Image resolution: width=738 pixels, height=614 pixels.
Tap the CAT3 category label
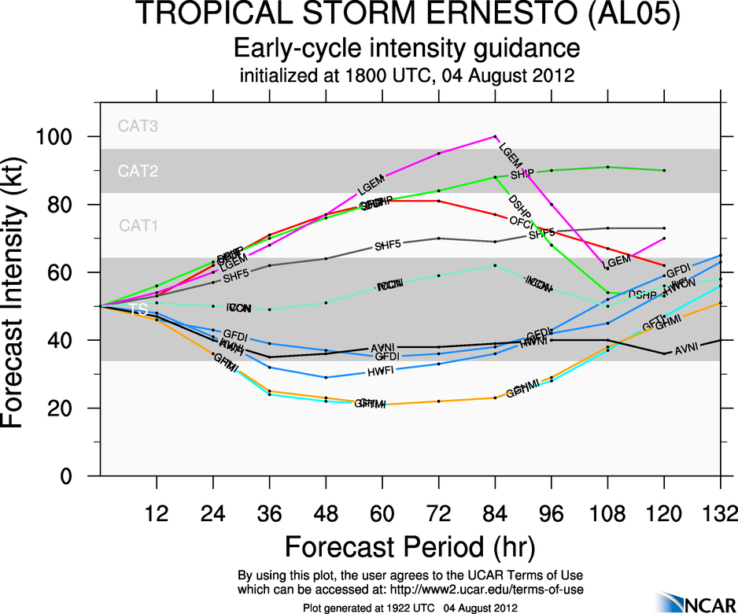(138, 125)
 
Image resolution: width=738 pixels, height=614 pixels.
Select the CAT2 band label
(138, 171)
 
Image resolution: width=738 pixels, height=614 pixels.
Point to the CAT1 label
(138, 226)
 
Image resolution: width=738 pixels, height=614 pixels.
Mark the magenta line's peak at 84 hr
(495, 136)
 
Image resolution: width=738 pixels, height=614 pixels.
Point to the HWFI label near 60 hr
(381, 372)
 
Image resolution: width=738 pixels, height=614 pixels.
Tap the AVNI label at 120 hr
(687, 350)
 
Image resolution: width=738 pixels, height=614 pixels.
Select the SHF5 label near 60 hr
(388, 245)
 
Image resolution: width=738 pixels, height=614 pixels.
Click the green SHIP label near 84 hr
(522, 175)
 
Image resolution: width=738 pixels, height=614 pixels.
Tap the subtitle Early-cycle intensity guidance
(407, 49)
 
